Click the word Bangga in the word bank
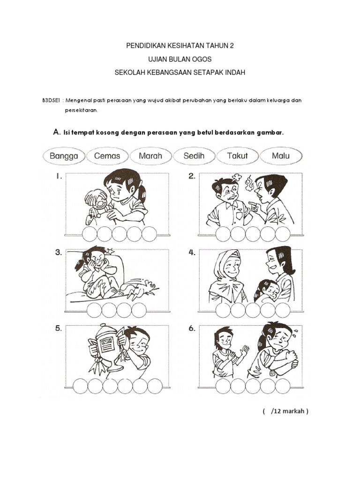(64, 156)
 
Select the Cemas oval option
(107, 156)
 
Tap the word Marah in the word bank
(150, 156)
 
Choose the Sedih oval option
(194, 156)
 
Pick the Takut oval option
(237, 156)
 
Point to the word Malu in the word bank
(281, 156)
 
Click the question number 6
(192, 329)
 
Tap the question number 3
(58, 253)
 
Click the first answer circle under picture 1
(90, 234)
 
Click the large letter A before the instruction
(56, 132)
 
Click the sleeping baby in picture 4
(266, 291)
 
